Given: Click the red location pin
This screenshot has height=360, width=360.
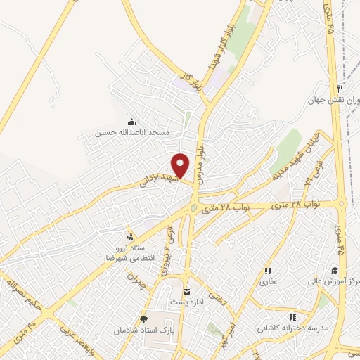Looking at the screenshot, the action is tap(181, 165).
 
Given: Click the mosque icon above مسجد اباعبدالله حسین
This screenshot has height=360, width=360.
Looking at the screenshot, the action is tap(131, 121).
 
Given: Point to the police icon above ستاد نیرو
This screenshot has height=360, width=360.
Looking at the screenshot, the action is tap(129, 236).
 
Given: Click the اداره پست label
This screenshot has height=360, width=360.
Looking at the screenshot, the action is tap(186, 302).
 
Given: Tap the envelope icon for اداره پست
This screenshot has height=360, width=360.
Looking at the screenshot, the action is tap(186, 291).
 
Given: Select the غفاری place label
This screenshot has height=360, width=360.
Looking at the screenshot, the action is tap(269, 281).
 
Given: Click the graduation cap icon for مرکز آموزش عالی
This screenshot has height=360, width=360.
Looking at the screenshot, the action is tap(335, 271).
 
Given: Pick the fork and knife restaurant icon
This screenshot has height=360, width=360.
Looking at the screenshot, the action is tap(340, 89).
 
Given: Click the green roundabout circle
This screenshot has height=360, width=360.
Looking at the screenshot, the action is tap(194, 207).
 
